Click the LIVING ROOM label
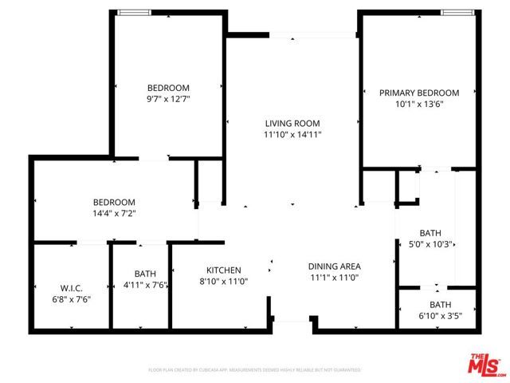click(x=292, y=124)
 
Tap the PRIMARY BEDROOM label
click(x=419, y=93)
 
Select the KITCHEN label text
click(x=224, y=270)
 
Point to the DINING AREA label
click(x=335, y=267)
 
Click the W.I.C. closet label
click(x=72, y=287)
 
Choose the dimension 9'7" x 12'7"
click(x=168, y=100)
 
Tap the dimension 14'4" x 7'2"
click(x=114, y=214)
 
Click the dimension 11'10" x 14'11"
click(x=292, y=135)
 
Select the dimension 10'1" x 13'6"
click(x=419, y=104)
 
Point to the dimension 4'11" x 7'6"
click(x=145, y=285)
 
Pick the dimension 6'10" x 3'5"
click(x=440, y=315)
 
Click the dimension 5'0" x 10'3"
click(x=430, y=245)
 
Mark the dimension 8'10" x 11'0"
click(x=224, y=282)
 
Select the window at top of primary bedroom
click(x=458, y=12)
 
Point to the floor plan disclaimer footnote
click(x=255, y=370)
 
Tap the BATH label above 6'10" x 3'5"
click(x=440, y=304)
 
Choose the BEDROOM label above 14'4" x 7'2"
click(x=114, y=203)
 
